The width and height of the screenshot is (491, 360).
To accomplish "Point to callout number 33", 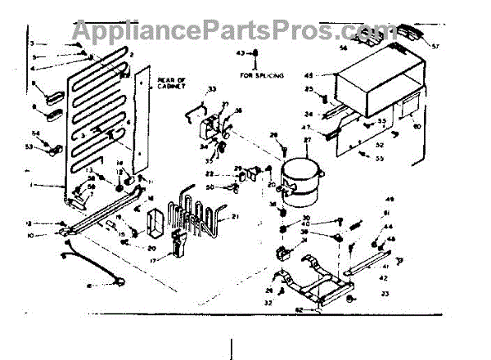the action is click(211, 88).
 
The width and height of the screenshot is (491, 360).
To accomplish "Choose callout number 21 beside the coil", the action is click(236, 216).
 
